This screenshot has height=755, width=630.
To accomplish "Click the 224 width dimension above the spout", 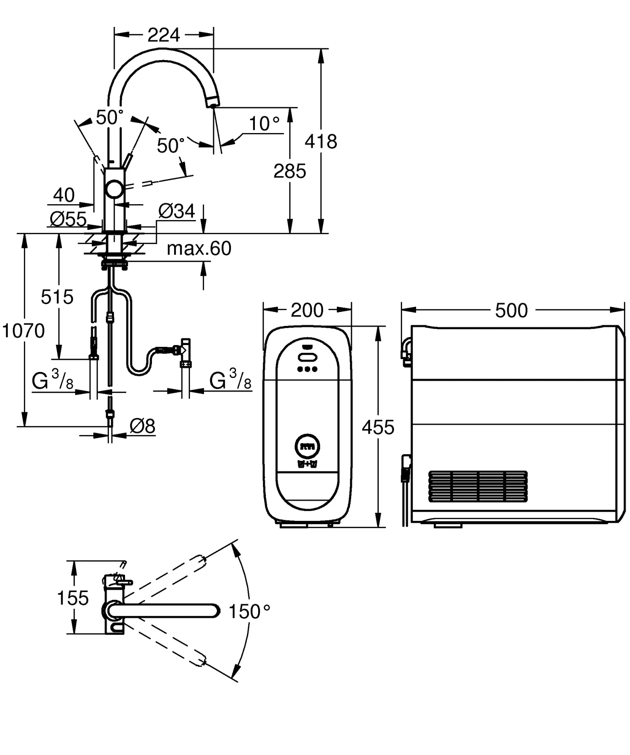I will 164,35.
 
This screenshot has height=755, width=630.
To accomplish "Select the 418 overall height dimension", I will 321,141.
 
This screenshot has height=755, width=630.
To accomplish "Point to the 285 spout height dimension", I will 290,171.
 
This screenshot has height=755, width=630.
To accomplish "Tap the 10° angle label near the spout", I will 264,124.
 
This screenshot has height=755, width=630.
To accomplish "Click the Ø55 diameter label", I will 68,219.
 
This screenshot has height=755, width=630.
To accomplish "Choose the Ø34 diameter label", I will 177,211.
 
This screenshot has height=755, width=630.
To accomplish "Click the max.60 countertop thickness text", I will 199,248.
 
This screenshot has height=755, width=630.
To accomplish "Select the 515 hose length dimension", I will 57,297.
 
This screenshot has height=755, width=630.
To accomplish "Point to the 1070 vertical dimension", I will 24,331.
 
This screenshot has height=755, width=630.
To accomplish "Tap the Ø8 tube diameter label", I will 142,426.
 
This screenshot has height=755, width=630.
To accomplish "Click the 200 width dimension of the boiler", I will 307,310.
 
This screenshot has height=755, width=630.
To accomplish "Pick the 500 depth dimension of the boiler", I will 511,310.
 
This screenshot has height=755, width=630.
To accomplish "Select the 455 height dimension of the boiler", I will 378,427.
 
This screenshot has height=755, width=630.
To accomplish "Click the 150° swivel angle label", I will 249,612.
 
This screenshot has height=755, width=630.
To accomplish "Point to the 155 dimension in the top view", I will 73,598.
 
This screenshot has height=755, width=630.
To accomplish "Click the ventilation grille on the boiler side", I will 478,486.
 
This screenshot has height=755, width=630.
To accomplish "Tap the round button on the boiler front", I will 307,446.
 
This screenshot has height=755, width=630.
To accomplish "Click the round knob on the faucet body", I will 115,190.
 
